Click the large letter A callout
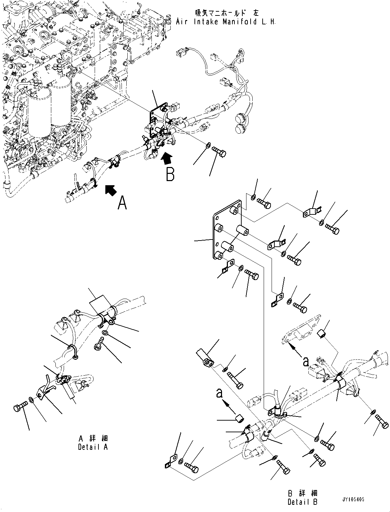click(x=123, y=203)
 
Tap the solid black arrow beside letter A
click(x=111, y=190)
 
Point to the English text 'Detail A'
click(x=93, y=447)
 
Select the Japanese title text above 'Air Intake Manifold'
click(x=227, y=13)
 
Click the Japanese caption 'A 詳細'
click(x=93, y=439)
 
